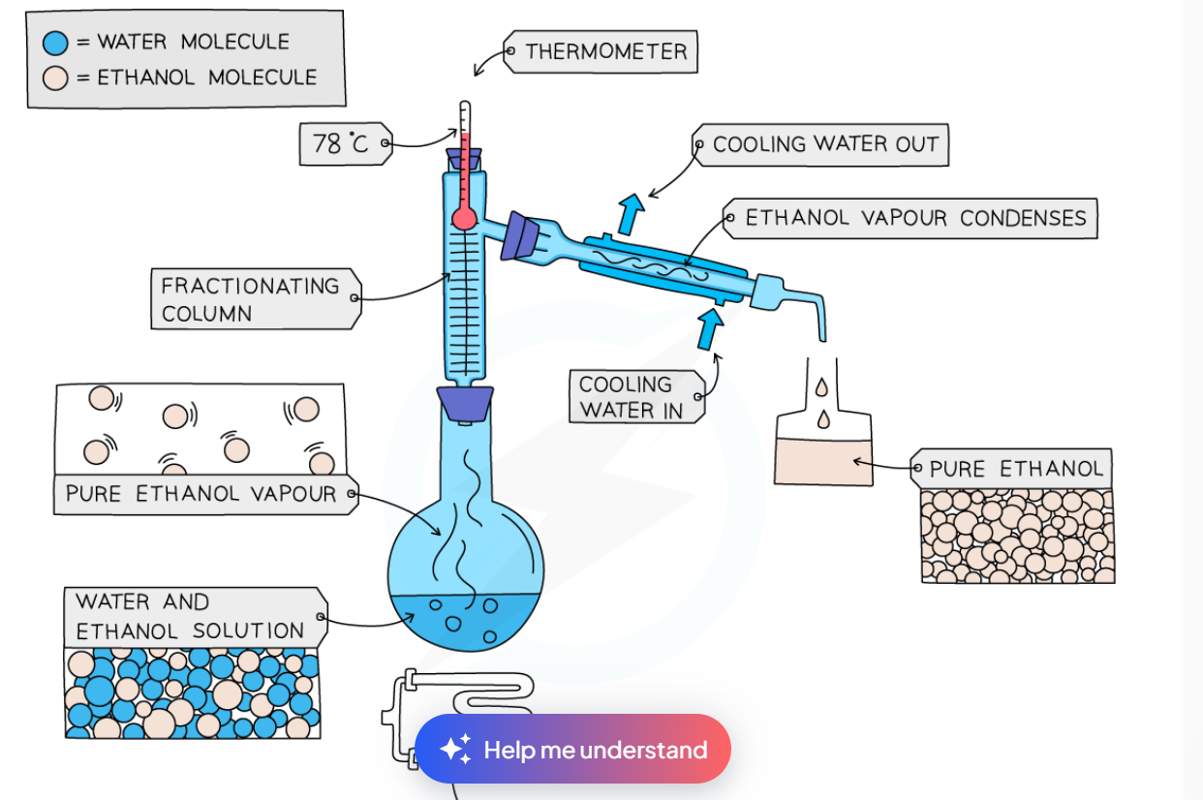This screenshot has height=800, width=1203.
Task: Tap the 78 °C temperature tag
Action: [x=342, y=144]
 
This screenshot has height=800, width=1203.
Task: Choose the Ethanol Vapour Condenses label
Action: [x=913, y=219]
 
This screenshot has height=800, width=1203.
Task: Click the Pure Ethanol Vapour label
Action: [x=202, y=494]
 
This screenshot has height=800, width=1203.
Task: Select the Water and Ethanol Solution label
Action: [x=191, y=617]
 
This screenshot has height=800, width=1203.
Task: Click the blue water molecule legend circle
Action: [x=56, y=43]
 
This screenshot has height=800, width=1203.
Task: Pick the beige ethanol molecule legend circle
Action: [x=56, y=77]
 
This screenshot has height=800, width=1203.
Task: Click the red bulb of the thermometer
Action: [x=464, y=218]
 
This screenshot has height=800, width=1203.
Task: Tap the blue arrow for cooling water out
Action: [x=632, y=212]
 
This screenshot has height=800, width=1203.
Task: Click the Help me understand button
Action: [x=573, y=750]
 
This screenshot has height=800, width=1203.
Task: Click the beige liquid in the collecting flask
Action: [x=824, y=463]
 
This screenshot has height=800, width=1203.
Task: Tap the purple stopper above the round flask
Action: [x=466, y=402]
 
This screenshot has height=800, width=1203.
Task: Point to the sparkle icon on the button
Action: [x=455, y=750]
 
